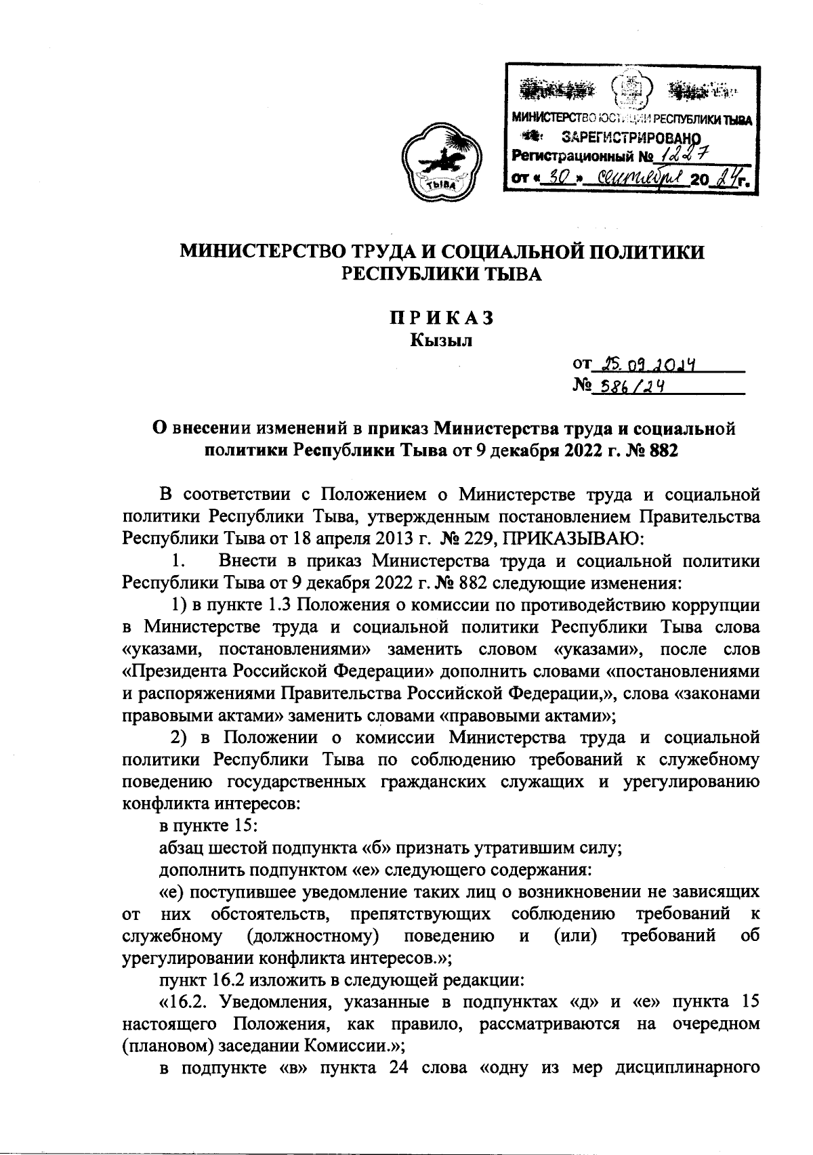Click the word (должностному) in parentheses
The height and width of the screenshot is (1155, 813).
tap(312, 936)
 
